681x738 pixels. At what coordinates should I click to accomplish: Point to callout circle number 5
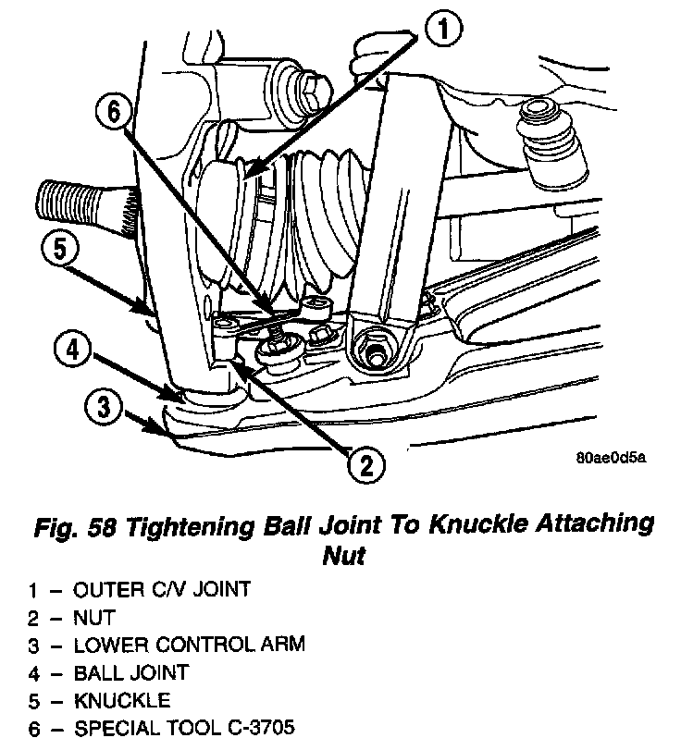[59, 250]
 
